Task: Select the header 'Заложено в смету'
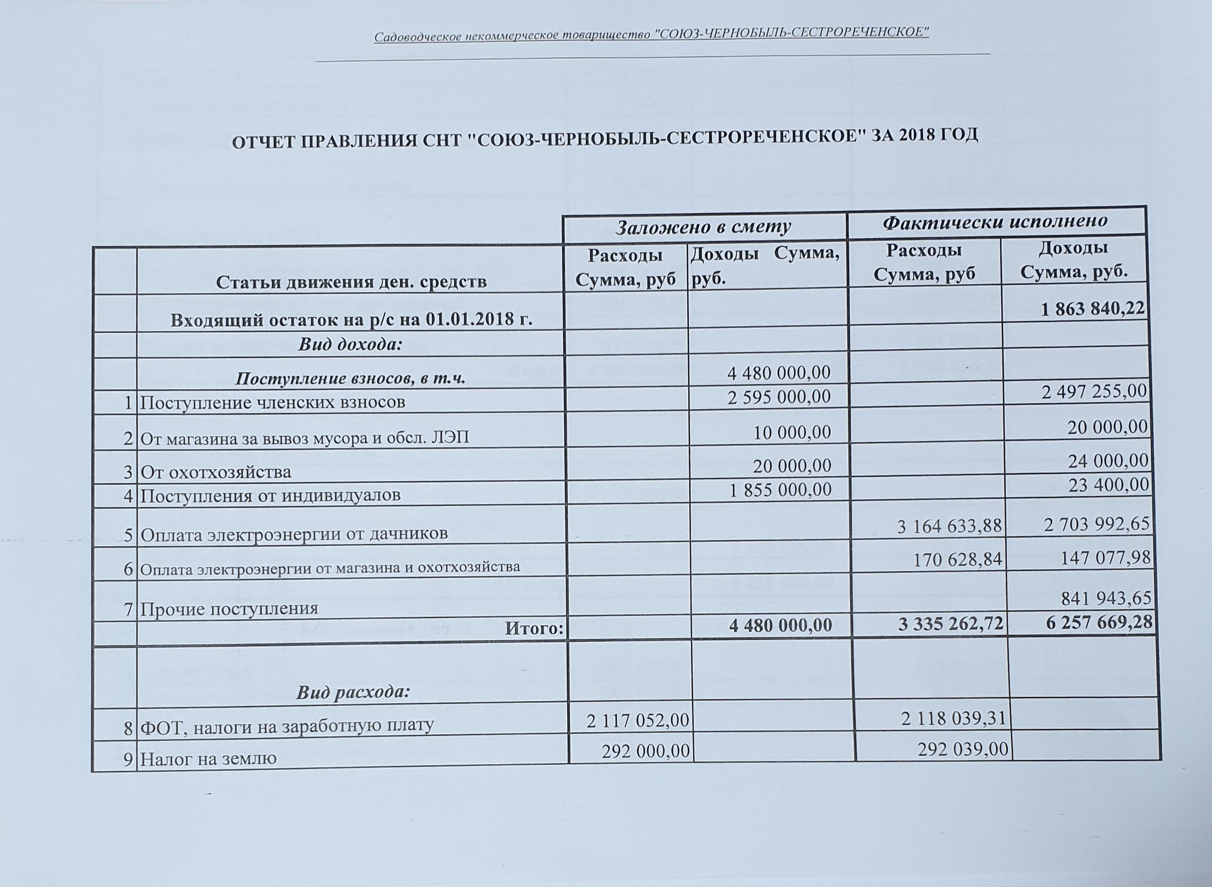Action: pyautogui.click(x=703, y=227)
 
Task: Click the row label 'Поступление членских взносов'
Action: pyautogui.click(x=273, y=402)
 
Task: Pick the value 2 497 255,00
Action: pyautogui.click(x=1094, y=391)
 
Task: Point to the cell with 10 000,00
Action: pyautogui.click(x=792, y=431)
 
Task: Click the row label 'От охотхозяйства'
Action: pyautogui.click(x=216, y=472)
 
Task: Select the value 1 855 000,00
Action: pyautogui.click(x=780, y=489)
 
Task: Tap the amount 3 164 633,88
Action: pyautogui.click(x=949, y=526)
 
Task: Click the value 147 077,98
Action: pyautogui.click(x=1098, y=558)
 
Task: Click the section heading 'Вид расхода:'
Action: pyautogui.click(x=353, y=693)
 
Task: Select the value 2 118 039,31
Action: pyautogui.click(x=953, y=718)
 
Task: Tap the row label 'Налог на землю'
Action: pyautogui.click(x=208, y=759)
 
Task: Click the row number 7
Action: pyautogui.click(x=128, y=608)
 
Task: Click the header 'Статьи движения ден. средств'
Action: pyautogui.click(x=351, y=282)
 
